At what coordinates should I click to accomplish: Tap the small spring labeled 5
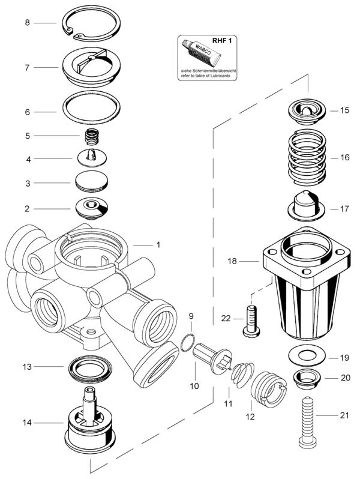[92, 136]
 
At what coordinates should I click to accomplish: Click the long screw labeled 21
[307, 423]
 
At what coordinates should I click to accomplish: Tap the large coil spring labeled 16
[307, 157]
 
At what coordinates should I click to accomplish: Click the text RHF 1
[224, 41]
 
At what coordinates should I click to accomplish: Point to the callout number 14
[27, 423]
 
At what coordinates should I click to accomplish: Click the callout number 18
[232, 261]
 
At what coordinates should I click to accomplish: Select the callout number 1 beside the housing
[158, 245]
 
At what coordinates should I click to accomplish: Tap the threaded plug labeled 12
[269, 390]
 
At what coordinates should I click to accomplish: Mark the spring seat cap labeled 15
[307, 111]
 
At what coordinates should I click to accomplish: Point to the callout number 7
[27, 67]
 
